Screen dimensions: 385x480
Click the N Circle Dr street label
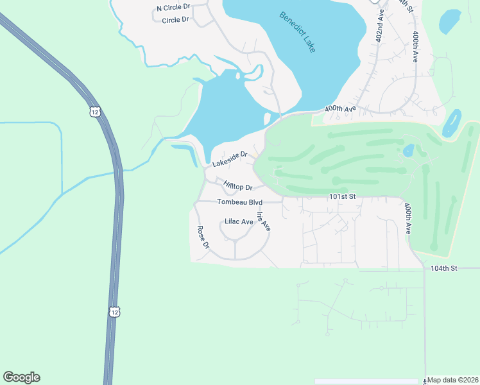point(174,7)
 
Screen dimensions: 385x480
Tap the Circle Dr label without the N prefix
point(176,20)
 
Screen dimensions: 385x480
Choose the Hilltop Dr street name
point(238,187)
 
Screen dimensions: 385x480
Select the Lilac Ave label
point(239,221)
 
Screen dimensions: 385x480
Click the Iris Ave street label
point(264,221)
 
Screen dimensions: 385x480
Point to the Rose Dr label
point(203,237)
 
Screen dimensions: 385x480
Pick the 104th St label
point(443,268)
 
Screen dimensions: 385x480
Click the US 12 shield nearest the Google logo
point(114,311)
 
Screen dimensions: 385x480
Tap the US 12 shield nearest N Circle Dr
point(95,112)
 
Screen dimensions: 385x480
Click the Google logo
point(21,377)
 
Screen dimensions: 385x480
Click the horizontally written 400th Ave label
point(340,109)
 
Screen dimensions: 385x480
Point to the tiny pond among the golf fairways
point(408,151)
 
